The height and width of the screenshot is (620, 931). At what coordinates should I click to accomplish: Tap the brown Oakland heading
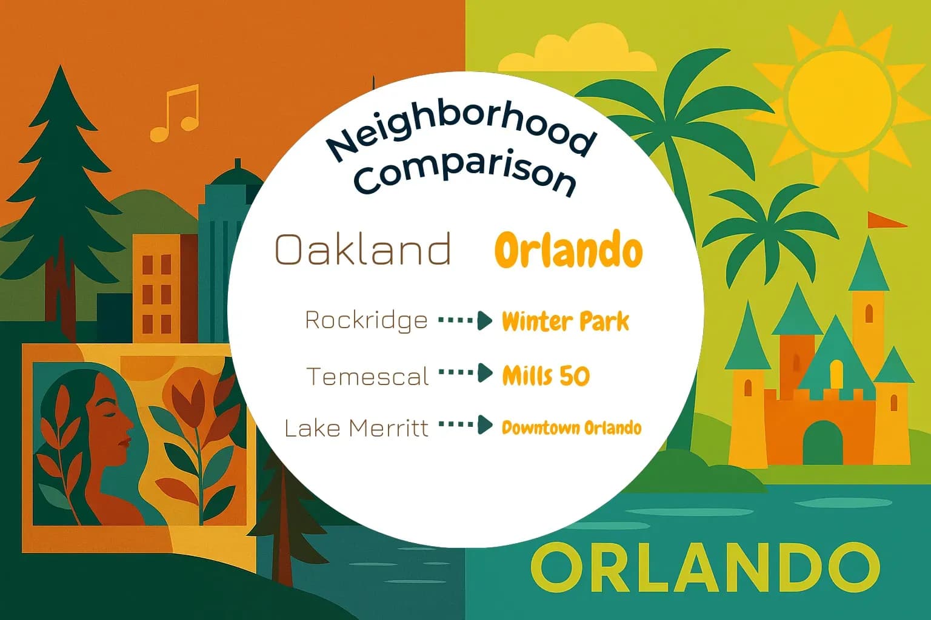(x=363, y=249)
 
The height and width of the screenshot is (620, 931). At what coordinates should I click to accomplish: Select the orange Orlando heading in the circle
(x=568, y=249)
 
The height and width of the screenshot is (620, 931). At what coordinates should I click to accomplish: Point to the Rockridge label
(x=366, y=320)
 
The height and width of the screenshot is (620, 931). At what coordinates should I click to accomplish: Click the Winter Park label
(x=566, y=322)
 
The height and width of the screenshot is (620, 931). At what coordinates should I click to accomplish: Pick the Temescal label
(x=368, y=377)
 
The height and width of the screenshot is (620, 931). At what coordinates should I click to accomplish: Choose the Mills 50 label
(x=546, y=376)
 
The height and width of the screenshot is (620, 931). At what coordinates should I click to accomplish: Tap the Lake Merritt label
(x=356, y=428)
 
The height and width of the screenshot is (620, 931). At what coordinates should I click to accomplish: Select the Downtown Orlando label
(x=572, y=428)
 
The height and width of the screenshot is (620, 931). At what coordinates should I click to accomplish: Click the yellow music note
(x=175, y=113)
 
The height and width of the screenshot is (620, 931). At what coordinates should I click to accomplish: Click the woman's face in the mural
(x=116, y=424)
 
